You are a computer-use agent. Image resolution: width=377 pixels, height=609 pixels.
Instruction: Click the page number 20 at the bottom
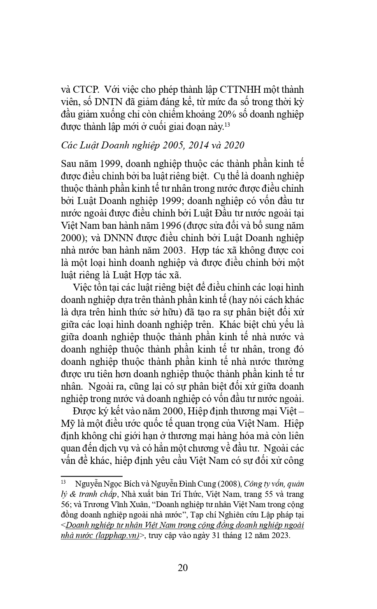tap(183, 567)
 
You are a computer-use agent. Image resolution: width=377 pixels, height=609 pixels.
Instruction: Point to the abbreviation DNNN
tap(106, 238)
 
